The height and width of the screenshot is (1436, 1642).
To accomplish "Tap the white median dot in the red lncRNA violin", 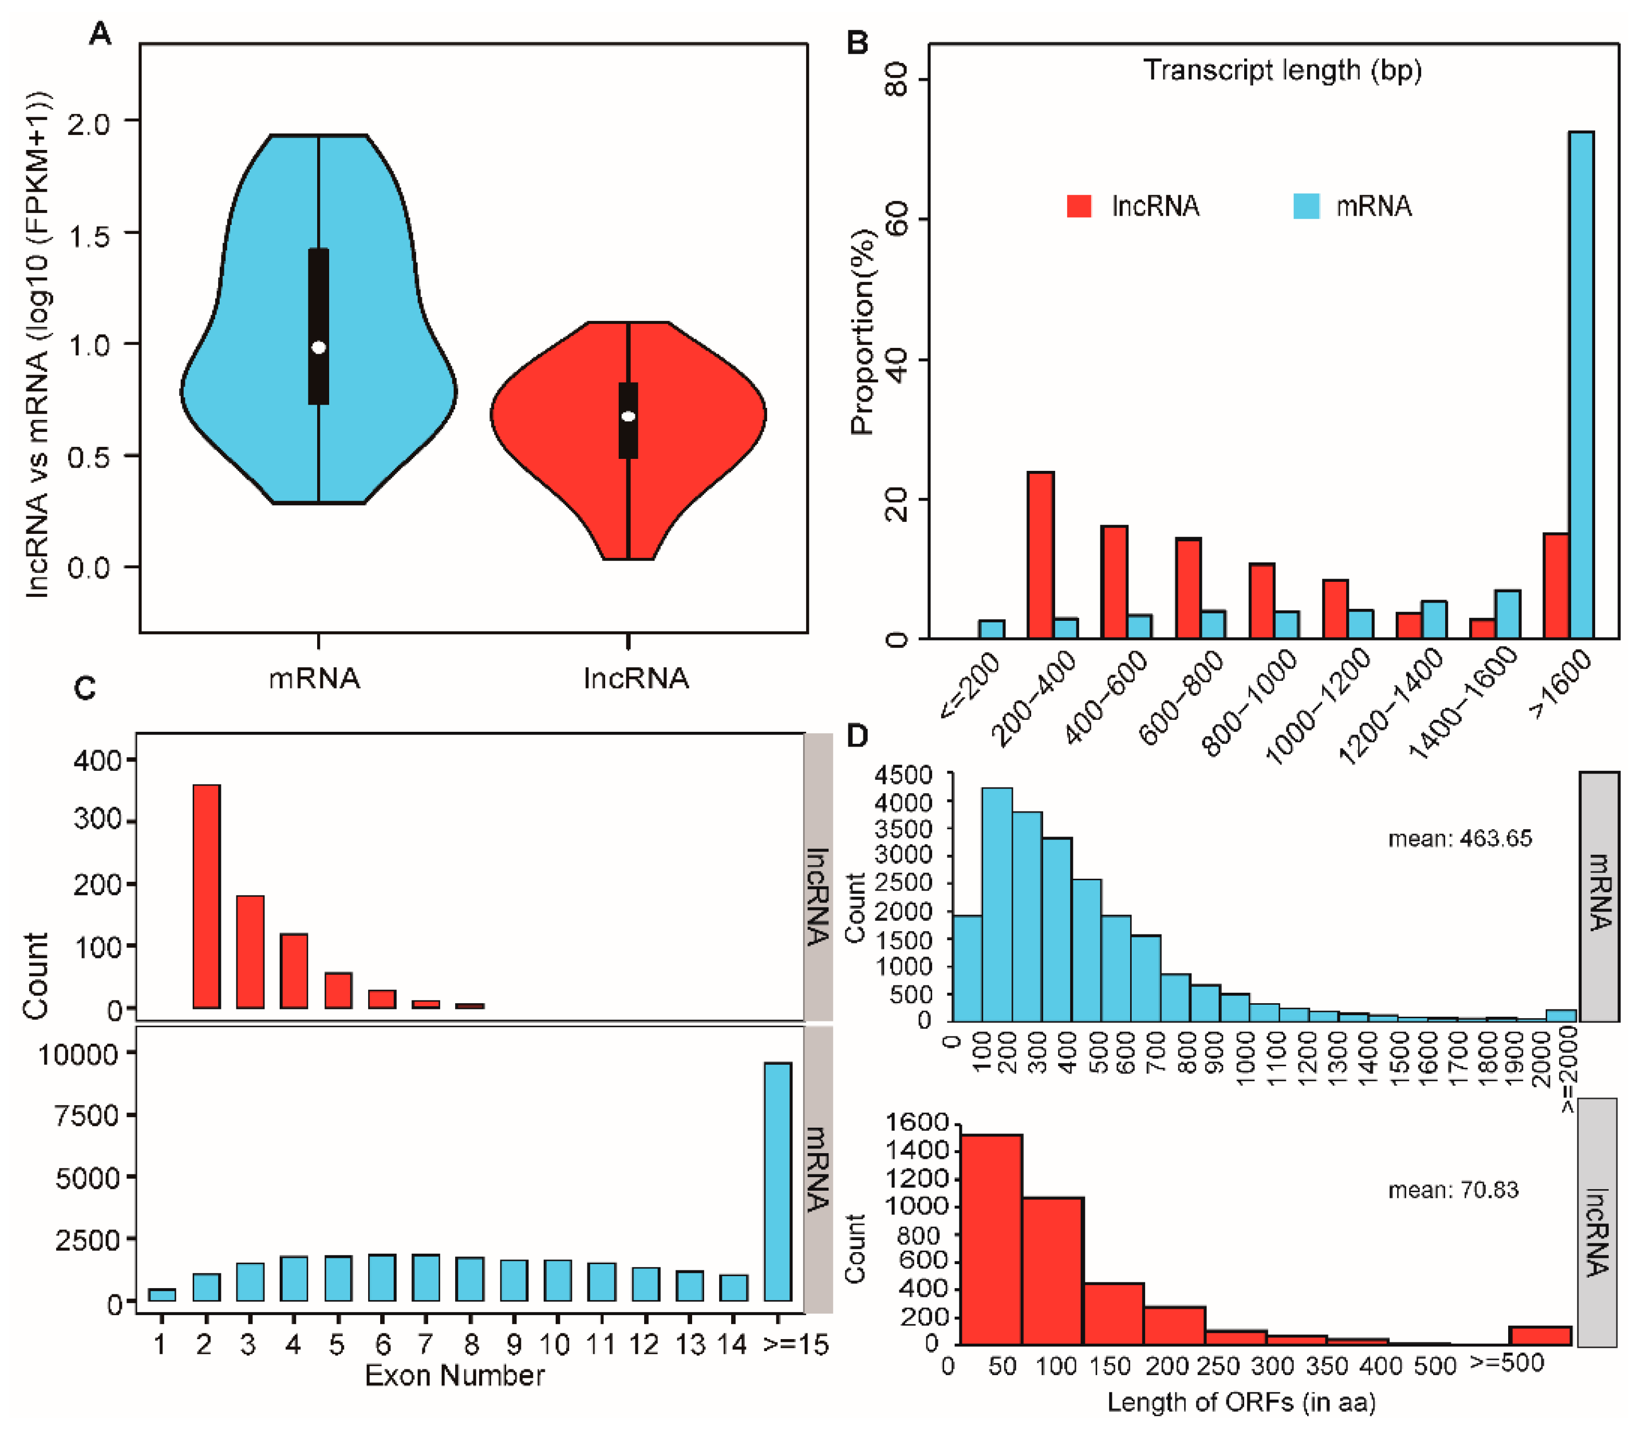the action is click(628, 416).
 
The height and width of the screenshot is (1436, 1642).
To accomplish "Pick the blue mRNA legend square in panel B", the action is click(1306, 206).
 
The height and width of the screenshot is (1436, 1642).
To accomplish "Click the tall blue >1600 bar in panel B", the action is click(1581, 384).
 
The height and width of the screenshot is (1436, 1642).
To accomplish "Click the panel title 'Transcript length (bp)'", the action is click(1282, 70).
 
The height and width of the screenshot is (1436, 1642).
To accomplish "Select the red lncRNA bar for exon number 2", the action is click(207, 896).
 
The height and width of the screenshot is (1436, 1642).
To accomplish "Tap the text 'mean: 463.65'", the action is click(1460, 839).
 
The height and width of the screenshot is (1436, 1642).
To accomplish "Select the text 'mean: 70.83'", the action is click(1453, 1190).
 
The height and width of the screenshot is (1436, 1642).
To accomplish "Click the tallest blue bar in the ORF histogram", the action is click(997, 904).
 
